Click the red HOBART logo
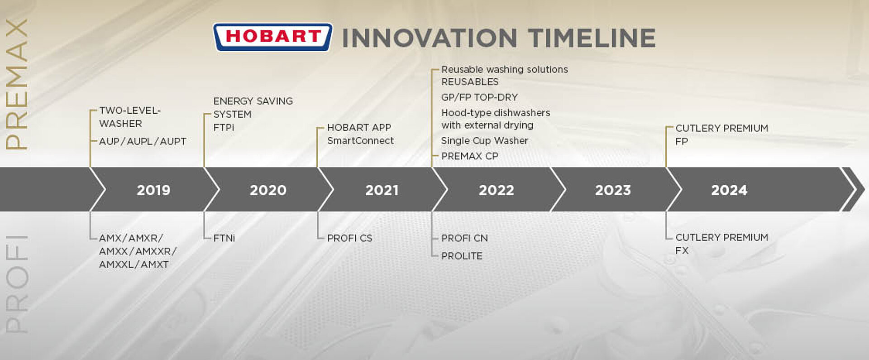click(x=272, y=37)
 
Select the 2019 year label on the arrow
click(x=153, y=190)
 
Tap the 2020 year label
click(x=268, y=190)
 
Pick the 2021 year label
click(x=382, y=190)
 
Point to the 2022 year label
click(x=497, y=190)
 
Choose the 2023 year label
click(x=613, y=190)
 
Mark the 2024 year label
click(x=729, y=190)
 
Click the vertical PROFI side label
click(x=17, y=284)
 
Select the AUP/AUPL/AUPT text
click(x=143, y=141)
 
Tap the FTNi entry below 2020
click(x=224, y=238)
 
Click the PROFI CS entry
click(x=349, y=238)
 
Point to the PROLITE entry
click(x=462, y=256)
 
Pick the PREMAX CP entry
click(x=469, y=156)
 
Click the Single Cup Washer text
click(x=484, y=141)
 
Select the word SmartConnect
click(x=360, y=141)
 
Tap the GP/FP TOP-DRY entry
click(x=479, y=97)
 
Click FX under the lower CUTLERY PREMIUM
click(x=682, y=250)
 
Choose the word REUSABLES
click(x=470, y=82)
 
